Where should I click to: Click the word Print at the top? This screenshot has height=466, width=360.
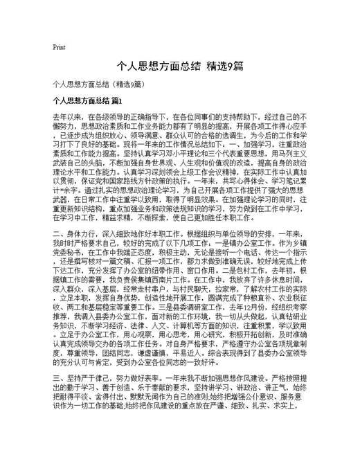point(59,47)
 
